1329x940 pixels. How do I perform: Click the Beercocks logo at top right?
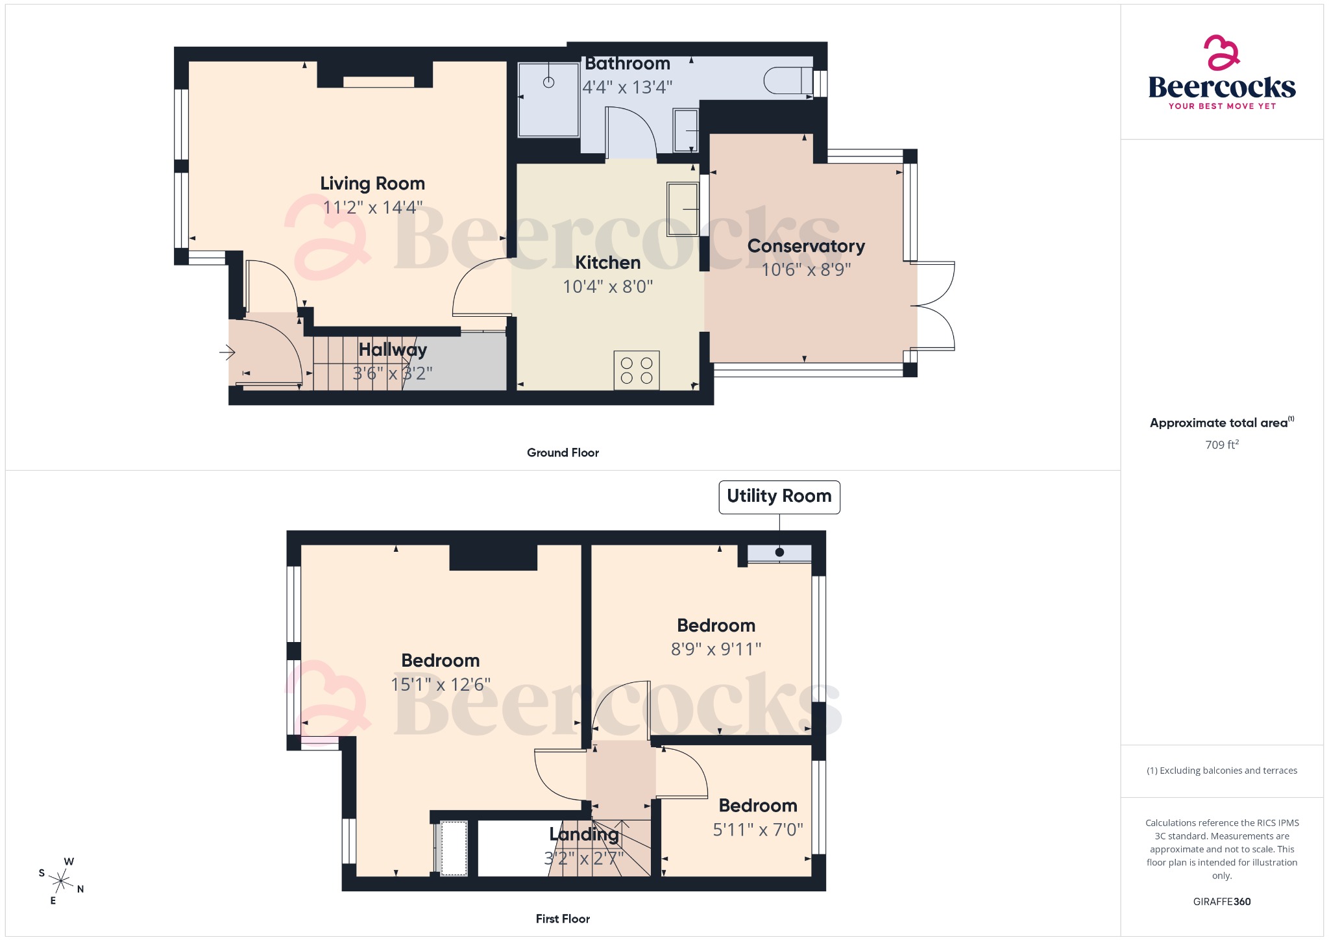tap(1221, 73)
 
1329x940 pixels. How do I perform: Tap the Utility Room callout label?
tap(779, 497)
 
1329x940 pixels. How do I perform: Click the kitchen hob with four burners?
tap(637, 371)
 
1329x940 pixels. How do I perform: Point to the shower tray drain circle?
tap(548, 82)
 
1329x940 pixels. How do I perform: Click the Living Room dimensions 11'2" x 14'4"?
tap(372, 208)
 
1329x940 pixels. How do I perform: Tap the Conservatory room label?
tap(806, 246)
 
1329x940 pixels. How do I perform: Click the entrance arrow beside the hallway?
tap(227, 352)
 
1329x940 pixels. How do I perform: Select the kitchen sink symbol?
tap(683, 209)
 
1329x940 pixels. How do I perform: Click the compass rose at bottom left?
tap(62, 881)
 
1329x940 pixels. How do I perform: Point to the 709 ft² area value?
tap(1221, 445)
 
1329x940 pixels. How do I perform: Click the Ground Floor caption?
tap(563, 452)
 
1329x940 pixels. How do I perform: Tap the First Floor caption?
tap(563, 919)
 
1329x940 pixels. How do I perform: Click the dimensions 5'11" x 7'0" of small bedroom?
tap(758, 830)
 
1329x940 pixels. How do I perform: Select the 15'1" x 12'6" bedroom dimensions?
tap(440, 685)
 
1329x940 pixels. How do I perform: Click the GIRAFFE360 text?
tap(1221, 902)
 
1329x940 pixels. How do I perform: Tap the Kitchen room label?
tap(607, 262)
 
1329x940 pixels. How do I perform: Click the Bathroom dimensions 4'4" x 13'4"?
tap(627, 87)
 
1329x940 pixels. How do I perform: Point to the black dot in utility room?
tap(779, 552)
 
